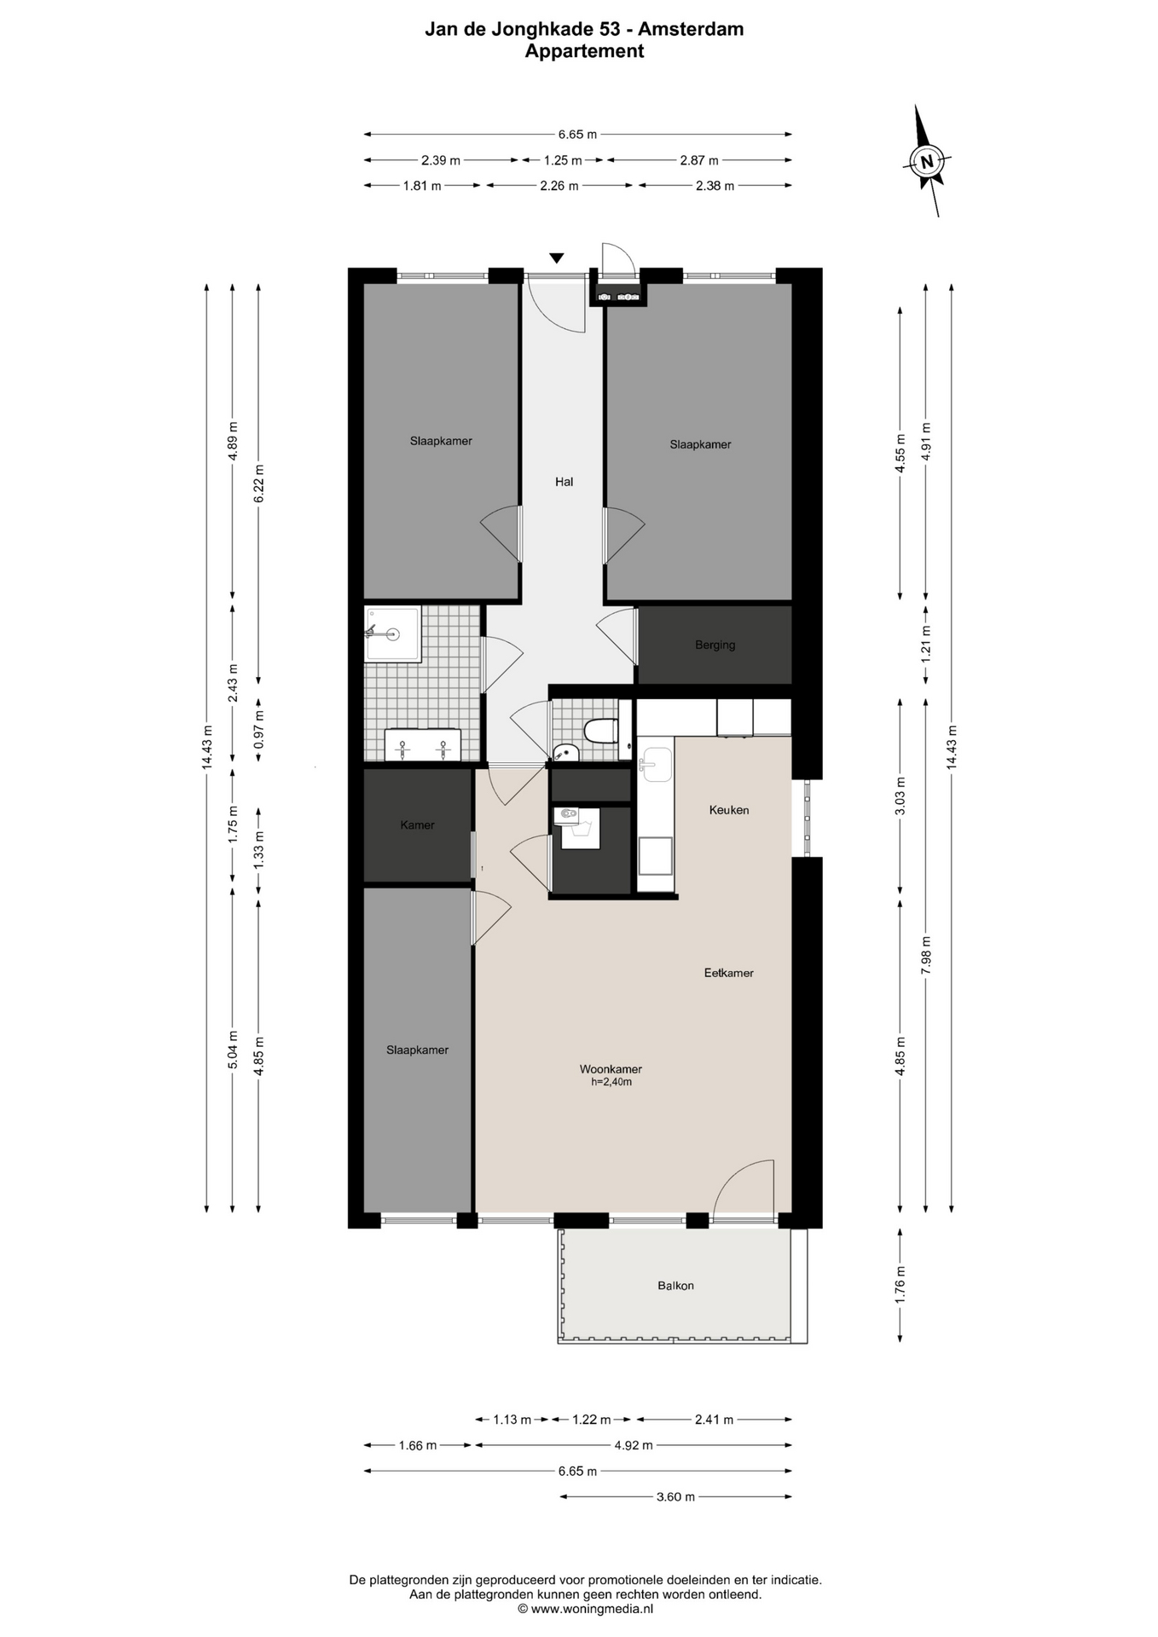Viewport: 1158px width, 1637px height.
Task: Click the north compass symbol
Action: (x=927, y=160)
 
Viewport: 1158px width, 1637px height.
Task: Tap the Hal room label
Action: (x=564, y=482)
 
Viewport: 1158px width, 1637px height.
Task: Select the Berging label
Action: (x=715, y=645)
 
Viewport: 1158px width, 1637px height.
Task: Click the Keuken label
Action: (x=729, y=810)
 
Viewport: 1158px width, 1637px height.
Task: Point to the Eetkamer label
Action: (x=729, y=973)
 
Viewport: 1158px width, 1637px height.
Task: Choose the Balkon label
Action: (x=675, y=1286)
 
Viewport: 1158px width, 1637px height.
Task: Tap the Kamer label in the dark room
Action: (x=417, y=825)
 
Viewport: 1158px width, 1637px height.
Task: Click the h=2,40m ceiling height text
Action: (x=611, y=1083)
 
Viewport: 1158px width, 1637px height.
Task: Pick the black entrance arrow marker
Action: (x=557, y=257)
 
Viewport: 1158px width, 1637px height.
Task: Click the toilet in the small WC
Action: (x=601, y=731)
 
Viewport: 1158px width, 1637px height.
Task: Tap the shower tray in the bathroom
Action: (x=393, y=633)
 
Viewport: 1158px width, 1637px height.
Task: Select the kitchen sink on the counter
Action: (x=656, y=764)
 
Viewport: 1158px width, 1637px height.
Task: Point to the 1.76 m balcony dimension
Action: (x=900, y=1285)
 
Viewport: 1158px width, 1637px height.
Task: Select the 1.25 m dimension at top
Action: (x=563, y=160)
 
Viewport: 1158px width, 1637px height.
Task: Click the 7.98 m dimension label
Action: (x=926, y=955)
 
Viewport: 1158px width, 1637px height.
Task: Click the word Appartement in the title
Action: (x=584, y=51)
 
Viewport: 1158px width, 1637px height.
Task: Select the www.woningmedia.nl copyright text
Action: (x=585, y=1609)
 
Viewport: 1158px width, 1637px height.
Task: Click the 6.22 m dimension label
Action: (x=259, y=483)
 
